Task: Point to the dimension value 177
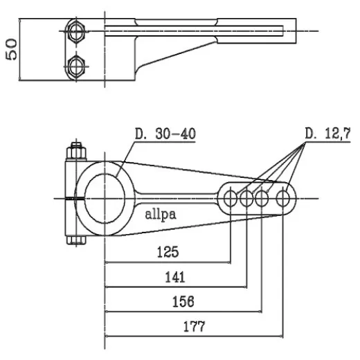195,326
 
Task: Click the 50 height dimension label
12,49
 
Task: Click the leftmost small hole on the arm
230,199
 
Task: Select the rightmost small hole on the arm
282,199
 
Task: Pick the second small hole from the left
246,199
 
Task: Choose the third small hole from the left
262,199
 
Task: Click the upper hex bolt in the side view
76,30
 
